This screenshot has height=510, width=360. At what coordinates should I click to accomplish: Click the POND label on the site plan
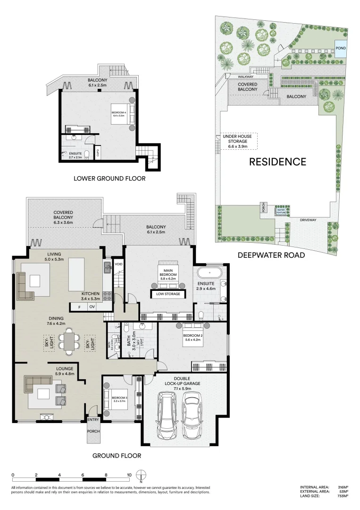pyautogui.click(x=340, y=48)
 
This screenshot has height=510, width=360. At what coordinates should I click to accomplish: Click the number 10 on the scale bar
pyautogui.click(x=128, y=475)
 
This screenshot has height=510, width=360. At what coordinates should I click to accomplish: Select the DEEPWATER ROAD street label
pyautogui.click(x=271, y=255)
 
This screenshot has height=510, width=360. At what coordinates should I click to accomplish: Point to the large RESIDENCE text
pyautogui.click(x=277, y=161)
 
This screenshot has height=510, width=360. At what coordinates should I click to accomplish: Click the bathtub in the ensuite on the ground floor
pyautogui.click(x=206, y=274)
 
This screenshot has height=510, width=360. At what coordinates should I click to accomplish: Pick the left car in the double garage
pyautogui.click(x=166, y=417)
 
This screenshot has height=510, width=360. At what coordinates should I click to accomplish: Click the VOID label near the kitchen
pyautogui.click(x=118, y=264)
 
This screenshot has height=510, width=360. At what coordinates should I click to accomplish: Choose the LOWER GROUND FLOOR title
pyautogui.click(x=109, y=178)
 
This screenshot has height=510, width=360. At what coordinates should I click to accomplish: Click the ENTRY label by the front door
pyautogui.click(x=93, y=419)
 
